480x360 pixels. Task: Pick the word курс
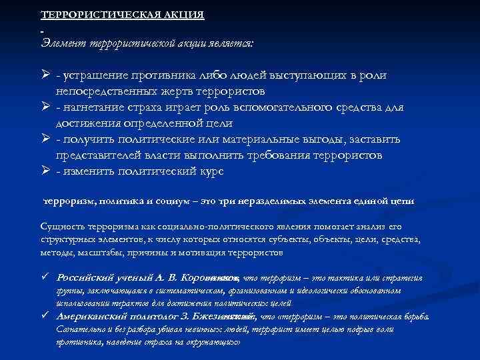210,171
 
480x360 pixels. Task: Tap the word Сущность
61,228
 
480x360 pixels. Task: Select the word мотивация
198,253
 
